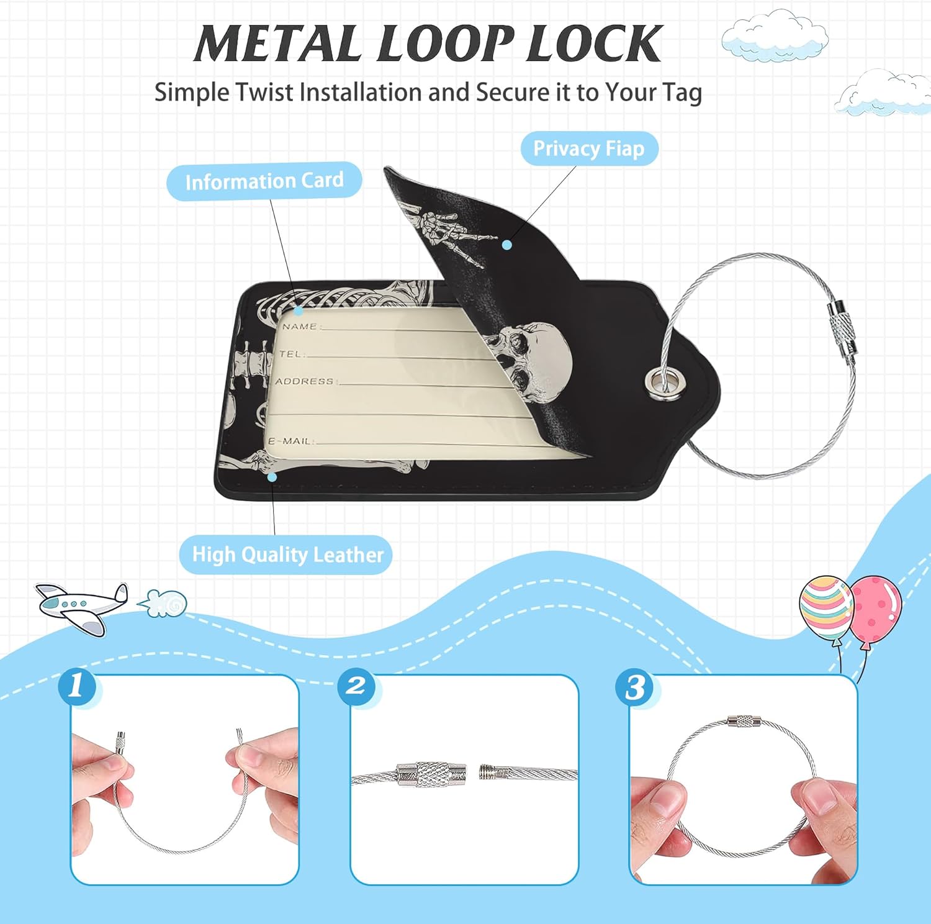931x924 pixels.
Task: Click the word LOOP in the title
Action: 445,45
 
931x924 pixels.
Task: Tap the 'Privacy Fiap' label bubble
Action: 588,149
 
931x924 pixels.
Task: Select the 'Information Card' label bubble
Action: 264,181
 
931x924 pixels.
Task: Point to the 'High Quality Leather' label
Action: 287,555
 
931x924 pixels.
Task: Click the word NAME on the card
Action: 300,326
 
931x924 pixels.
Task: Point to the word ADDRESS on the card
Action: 305,381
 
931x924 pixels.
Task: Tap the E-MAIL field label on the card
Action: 290,441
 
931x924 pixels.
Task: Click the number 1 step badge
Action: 77,686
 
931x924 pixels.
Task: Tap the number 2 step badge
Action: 356,686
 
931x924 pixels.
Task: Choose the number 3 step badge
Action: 634,688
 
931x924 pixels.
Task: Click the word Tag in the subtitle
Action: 682,93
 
